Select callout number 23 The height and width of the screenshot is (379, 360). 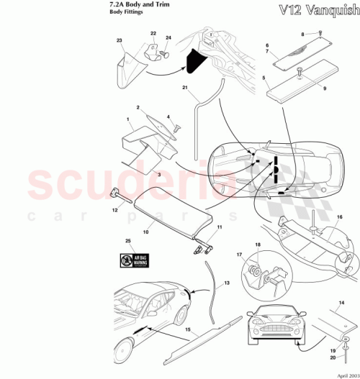[120, 42]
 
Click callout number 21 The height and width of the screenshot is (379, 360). [184, 89]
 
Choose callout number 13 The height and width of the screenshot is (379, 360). [226, 284]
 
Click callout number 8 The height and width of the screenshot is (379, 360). [303, 33]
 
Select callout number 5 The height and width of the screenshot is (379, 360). [264, 77]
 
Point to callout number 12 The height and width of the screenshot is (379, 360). [113, 210]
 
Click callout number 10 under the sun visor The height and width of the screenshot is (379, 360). [145, 232]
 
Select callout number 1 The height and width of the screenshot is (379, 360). [127, 118]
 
